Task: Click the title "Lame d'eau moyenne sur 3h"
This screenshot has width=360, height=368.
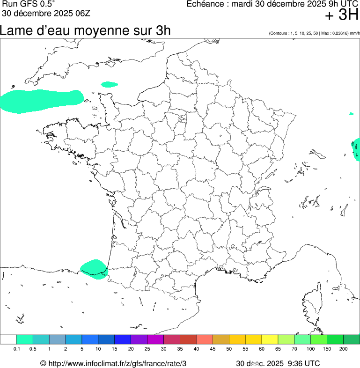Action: click(85, 31)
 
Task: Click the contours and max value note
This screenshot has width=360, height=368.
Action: click(314, 33)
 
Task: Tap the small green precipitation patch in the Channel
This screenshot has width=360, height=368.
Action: click(110, 84)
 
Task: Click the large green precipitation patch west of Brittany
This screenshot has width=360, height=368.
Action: click(40, 101)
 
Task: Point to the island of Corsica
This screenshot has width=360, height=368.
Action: click(311, 304)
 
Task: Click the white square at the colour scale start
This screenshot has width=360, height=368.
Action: click(8, 339)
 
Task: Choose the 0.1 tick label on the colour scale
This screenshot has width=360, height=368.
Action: click(16, 349)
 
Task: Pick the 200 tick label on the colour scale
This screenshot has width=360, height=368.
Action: click(343, 349)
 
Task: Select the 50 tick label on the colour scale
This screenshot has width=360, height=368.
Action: click(229, 349)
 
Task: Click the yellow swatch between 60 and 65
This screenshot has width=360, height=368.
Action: click(270, 339)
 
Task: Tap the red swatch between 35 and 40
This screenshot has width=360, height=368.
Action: click(188, 339)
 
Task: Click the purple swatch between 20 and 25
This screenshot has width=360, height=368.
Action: click(139, 339)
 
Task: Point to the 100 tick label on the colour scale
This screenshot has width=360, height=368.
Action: click(311, 349)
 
